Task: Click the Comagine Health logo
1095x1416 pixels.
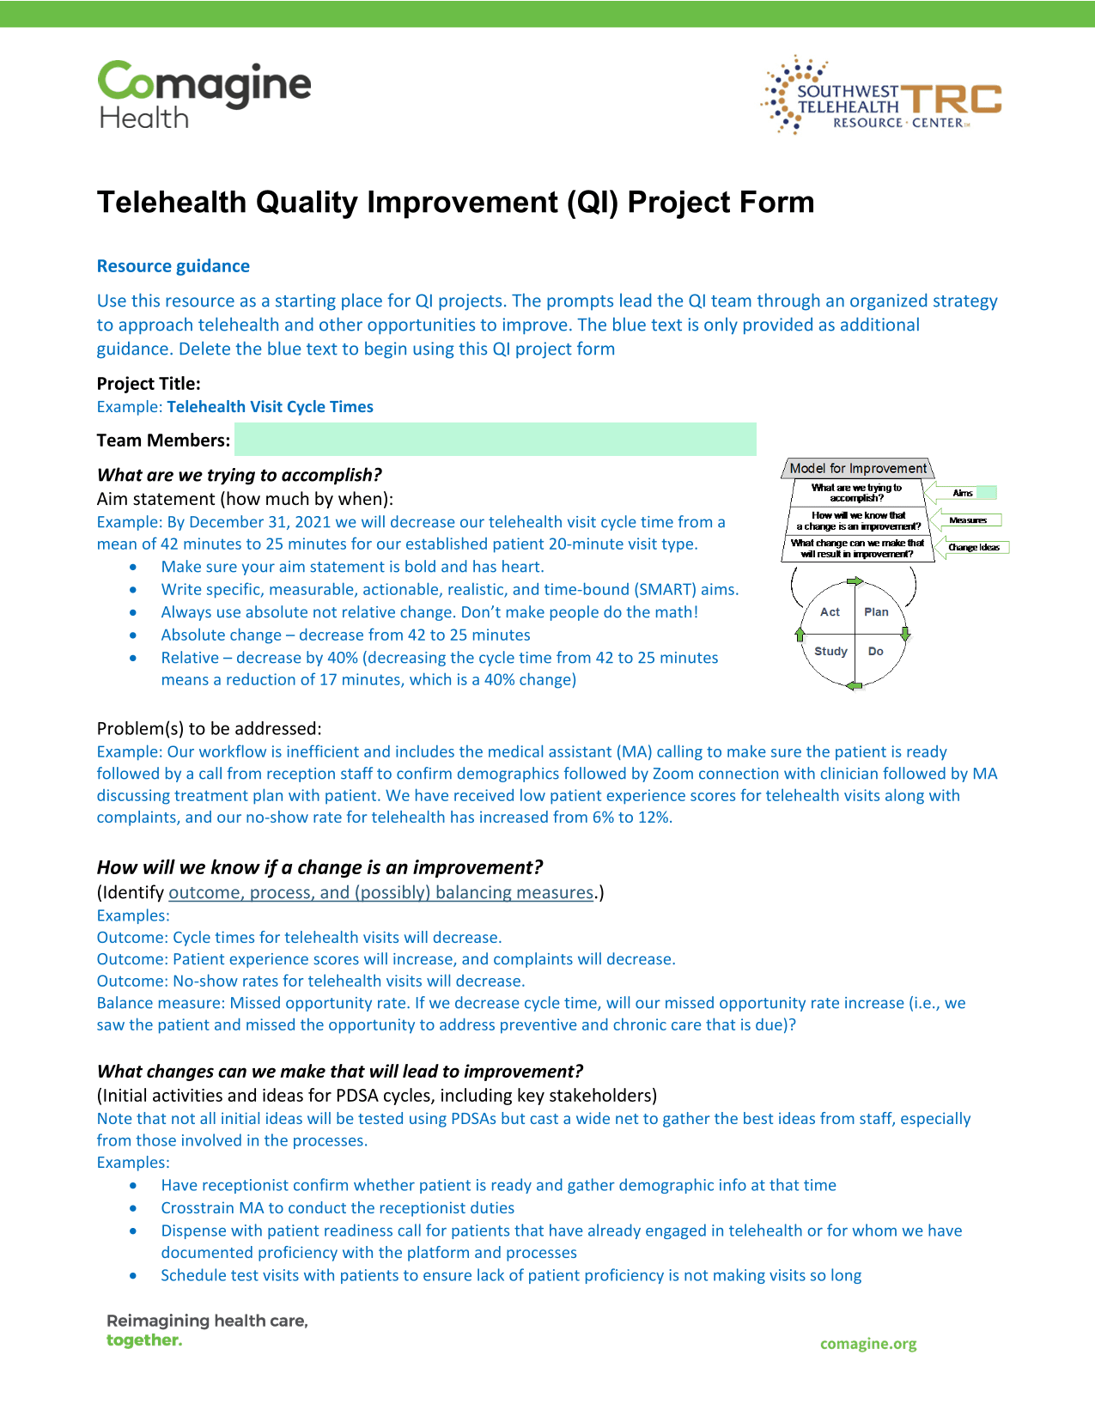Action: point(204,94)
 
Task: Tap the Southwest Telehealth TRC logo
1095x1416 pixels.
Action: point(880,95)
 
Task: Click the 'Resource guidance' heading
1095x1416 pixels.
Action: point(173,266)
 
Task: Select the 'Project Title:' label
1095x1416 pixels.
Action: point(149,383)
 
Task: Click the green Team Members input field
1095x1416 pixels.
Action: point(495,439)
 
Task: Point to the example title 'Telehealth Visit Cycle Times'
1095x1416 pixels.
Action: point(270,407)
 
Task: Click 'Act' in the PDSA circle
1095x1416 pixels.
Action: point(830,612)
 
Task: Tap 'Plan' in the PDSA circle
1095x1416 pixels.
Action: point(876,612)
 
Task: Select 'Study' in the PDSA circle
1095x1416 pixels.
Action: point(830,651)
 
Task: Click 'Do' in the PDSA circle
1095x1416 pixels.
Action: point(875,651)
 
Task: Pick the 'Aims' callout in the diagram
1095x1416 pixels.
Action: point(963,493)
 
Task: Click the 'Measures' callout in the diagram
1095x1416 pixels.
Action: point(968,520)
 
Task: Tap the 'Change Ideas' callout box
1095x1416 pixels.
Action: point(974,547)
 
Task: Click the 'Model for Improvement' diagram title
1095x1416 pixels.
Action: point(858,468)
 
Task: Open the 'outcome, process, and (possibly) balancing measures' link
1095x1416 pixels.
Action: point(381,892)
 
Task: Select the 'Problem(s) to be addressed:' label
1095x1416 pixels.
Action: point(209,728)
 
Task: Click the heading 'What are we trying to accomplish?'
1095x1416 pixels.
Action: point(239,475)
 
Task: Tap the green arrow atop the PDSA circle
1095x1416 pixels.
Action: point(855,580)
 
